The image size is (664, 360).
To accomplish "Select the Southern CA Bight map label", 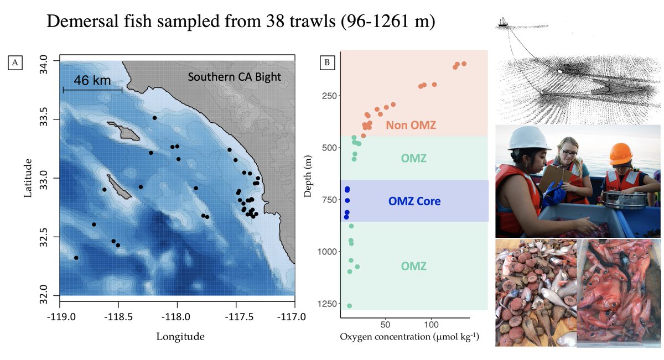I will (234, 77).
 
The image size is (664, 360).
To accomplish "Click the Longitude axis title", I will (180, 336).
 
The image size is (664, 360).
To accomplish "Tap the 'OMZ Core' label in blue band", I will (414, 201).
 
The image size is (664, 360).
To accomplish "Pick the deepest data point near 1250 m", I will (349, 306).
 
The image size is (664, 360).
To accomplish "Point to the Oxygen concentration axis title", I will (409, 336).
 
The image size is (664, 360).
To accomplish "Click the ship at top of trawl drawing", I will (502, 22).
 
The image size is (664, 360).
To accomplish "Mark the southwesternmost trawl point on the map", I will (76, 258).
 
